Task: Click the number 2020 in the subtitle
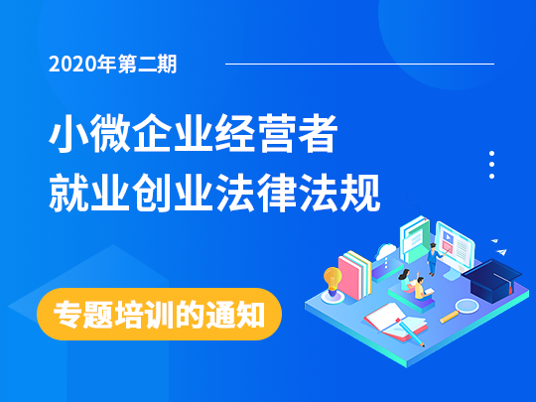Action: [x=72, y=65]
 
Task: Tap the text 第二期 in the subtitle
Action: [x=148, y=65]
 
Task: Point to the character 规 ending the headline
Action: [x=360, y=193]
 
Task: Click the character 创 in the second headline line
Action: [x=152, y=193]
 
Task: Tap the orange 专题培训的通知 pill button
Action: [x=159, y=314]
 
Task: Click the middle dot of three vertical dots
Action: [x=492, y=165]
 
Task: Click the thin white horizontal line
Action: [x=359, y=64]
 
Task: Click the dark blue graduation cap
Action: [x=492, y=280]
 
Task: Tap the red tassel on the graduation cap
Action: [x=511, y=289]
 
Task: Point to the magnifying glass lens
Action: [x=467, y=306]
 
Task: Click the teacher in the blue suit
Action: [x=433, y=259]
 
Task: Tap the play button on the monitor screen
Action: [x=448, y=236]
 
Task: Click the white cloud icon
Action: [x=386, y=251]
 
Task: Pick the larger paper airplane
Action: [x=501, y=252]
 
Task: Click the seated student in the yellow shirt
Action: [x=420, y=289]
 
